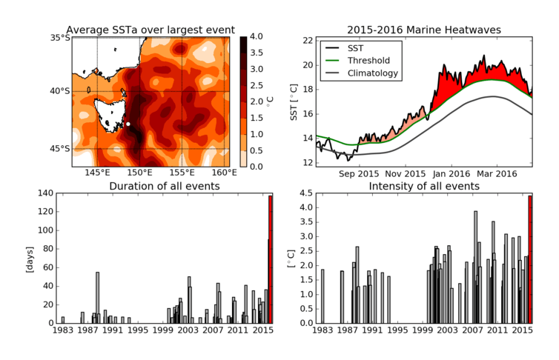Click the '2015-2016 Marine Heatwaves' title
pyautogui.click(x=425, y=29)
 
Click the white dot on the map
pyautogui.click(x=128, y=124)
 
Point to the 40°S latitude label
pyautogui.click(x=59, y=91)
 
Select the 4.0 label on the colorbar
pyautogui.click(x=256, y=36)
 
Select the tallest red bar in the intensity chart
pyautogui.click(x=530, y=259)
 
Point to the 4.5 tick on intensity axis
pyautogui.click(x=304, y=193)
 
